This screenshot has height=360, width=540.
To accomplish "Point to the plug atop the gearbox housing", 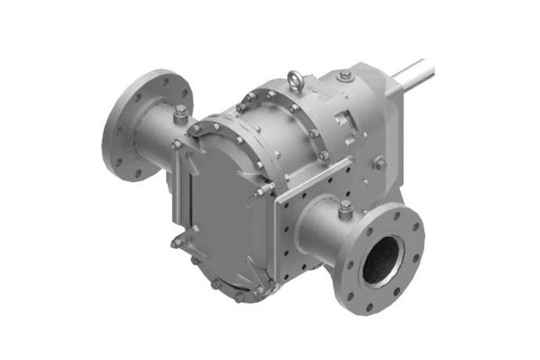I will [345, 75].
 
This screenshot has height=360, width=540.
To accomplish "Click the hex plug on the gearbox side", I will [380, 163].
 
